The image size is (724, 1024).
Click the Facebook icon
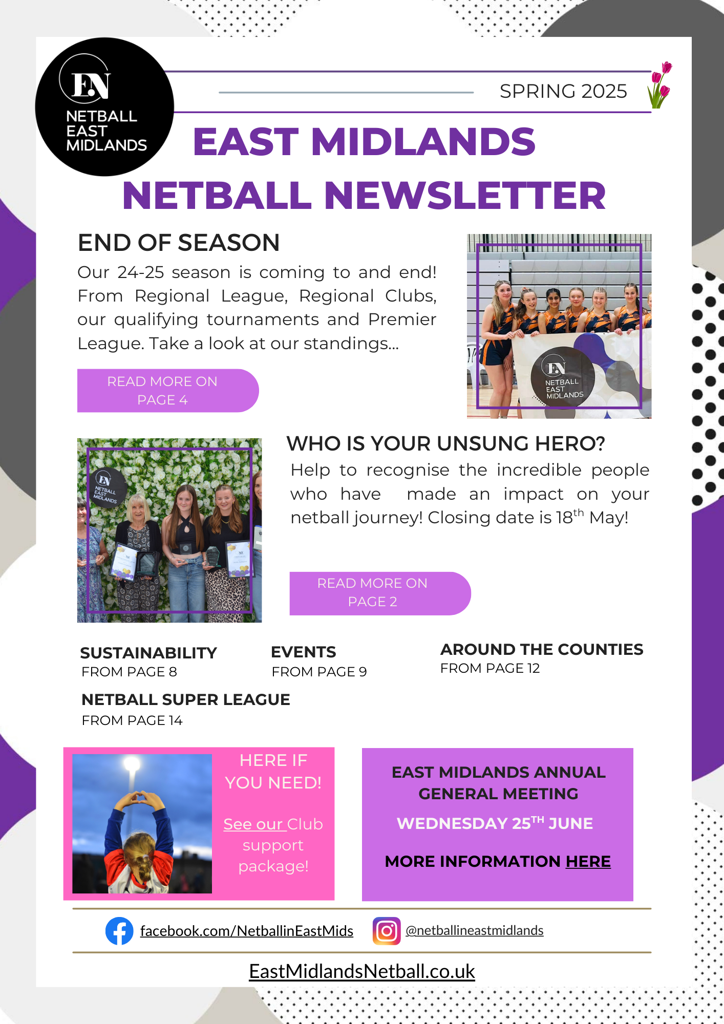coord(119,930)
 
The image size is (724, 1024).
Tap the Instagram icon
coord(387,930)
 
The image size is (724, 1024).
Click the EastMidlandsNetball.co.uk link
coord(362,971)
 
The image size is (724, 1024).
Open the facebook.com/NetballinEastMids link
coord(246,931)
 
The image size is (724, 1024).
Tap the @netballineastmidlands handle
coord(474,930)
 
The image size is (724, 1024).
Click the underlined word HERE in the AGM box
coord(588,861)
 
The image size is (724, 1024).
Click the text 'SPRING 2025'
coord(563,91)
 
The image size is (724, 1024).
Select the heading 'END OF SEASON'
coord(179,243)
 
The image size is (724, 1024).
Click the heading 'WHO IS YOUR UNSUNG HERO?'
coord(445,443)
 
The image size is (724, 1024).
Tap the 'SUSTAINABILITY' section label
coord(148,653)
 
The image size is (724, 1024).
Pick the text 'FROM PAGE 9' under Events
coord(319,672)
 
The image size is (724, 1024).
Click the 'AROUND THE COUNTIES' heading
coord(542,649)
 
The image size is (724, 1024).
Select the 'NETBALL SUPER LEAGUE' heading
coord(186,699)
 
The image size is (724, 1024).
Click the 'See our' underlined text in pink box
coord(253,824)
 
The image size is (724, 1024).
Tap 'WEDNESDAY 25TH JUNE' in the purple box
coord(495,823)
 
